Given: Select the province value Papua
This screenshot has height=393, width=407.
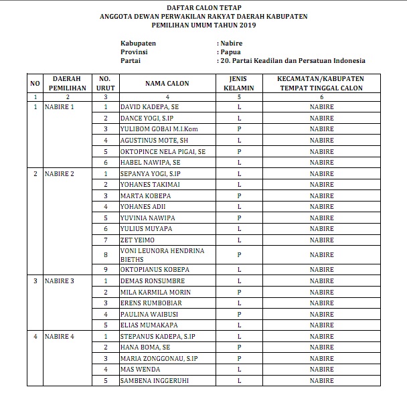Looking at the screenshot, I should [231, 51].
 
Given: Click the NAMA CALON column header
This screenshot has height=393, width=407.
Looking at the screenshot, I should [167, 84].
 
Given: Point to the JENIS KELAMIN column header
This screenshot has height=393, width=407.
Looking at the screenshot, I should [238, 84].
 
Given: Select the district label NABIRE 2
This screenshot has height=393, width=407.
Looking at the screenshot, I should [59, 173].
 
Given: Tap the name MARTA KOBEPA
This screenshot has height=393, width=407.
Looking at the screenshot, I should [145, 195].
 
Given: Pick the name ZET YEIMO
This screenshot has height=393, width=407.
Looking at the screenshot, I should [137, 240].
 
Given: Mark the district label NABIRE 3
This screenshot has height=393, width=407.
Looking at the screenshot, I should [59, 281].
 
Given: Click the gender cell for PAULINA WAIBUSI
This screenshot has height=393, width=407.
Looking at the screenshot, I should [238, 314].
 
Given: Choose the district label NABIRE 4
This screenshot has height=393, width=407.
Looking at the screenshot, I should [59, 336].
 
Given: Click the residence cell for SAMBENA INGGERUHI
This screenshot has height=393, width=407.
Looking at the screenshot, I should [321, 381].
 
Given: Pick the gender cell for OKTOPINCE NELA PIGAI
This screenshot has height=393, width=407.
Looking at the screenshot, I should [238, 151].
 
